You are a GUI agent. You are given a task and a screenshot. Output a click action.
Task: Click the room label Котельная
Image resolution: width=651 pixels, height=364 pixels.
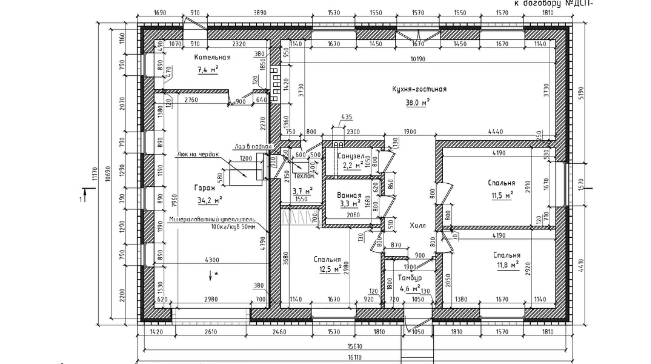click(x=212, y=57)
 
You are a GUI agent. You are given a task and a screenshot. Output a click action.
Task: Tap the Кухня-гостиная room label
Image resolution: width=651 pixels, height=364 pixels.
click(x=419, y=89)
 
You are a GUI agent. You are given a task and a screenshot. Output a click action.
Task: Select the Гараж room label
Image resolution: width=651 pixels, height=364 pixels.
click(x=205, y=188)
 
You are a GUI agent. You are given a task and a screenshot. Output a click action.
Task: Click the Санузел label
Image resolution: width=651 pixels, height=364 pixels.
click(x=351, y=156)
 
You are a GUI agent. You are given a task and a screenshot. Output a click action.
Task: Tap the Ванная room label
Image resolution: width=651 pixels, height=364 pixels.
click(x=349, y=195)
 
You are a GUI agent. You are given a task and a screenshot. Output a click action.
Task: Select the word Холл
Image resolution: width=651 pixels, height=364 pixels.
click(x=417, y=225)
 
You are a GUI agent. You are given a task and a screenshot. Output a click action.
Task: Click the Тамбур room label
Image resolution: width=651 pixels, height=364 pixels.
click(x=410, y=278)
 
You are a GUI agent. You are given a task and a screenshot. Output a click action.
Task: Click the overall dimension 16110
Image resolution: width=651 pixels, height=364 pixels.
click(x=354, y=357)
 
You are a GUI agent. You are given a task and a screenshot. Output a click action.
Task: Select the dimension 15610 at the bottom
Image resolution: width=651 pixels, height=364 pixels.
click(x=354, y=346)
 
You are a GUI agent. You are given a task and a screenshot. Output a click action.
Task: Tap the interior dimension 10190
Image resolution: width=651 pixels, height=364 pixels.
click(x=417, y=59)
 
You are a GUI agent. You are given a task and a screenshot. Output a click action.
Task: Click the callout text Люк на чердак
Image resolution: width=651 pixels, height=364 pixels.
click(x=198, y=154)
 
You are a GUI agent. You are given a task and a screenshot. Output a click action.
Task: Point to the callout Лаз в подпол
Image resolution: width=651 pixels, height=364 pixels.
click(x=253, y=146)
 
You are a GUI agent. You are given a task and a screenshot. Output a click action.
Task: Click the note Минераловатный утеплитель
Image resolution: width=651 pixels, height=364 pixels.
click(x=212, y=219)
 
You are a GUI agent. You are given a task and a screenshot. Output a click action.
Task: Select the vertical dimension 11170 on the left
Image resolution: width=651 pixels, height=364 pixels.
click(x=95, y=173)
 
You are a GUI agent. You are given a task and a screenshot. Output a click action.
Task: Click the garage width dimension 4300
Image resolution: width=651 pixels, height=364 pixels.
click(x=212, y=260)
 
